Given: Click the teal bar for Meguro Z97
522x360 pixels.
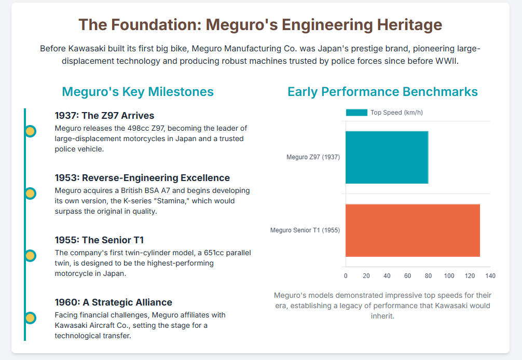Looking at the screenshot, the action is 387,157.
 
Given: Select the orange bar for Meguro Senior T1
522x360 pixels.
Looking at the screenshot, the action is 413,230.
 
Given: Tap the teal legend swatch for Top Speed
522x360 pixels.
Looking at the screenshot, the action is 356,113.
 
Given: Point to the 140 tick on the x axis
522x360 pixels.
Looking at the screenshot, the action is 490,276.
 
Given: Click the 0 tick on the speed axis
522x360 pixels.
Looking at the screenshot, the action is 346,276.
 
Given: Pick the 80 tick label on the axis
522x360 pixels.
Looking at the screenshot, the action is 428,276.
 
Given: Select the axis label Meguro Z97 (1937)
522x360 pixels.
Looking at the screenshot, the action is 313,157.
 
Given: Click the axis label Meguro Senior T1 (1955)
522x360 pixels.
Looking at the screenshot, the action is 305,230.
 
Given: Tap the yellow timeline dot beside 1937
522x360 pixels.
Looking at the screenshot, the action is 30,131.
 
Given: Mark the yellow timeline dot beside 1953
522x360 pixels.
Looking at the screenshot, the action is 30,193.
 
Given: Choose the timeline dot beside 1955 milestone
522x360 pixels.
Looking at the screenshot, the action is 30,256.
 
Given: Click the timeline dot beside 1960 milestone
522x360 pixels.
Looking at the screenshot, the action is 30,318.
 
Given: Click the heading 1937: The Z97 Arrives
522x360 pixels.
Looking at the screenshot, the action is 104,116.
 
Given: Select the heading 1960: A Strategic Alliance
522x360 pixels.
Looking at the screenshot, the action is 114,302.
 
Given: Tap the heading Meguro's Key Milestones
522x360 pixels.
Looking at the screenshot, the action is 138,92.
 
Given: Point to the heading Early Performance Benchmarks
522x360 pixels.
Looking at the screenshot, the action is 382,92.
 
